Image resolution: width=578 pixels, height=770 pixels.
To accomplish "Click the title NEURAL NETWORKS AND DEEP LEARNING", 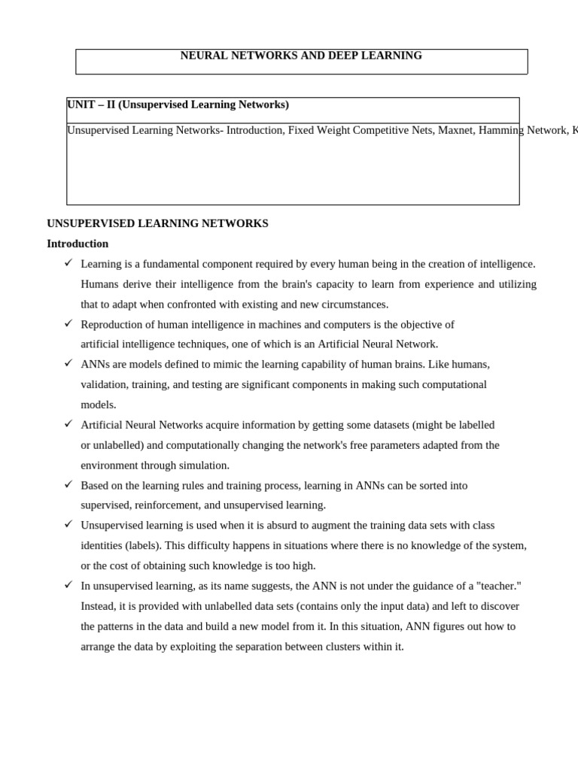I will coord(301,56).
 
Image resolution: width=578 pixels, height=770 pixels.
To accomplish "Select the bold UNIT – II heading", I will coord(178,105).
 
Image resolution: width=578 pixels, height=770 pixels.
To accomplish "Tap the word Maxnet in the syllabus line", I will coord(455,130).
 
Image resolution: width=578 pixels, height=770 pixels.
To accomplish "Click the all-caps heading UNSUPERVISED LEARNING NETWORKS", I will coord(157,223).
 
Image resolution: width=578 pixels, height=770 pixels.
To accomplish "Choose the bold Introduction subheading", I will coord(78,244).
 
